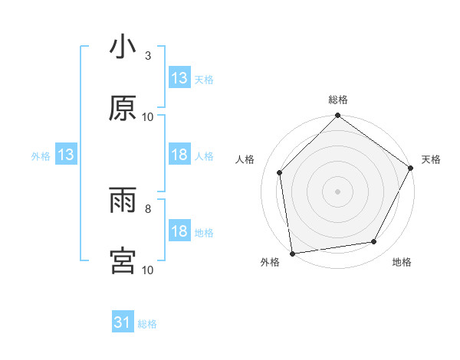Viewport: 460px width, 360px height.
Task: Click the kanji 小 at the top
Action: [x=123, y=47]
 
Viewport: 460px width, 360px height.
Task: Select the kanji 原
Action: [x=123, y=109]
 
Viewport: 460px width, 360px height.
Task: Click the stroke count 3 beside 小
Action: [x=148, y=56]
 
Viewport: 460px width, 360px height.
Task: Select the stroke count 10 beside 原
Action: [x=148, y=116]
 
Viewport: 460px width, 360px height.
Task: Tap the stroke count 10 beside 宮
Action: [x=148, y=270]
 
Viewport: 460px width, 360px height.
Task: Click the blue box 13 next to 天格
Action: [x=179, y=78]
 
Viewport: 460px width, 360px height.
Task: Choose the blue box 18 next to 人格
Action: [x=179, y=155]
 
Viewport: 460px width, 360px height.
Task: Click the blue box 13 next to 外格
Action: [x=66, y=155]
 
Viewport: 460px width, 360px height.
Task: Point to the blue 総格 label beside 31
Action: [x=147, y=324]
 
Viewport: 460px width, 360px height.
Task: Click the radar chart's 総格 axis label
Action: [x=338, y=100]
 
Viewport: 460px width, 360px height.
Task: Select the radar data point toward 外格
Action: [x=292, y=253]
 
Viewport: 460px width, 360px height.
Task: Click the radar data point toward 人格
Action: [x=280, y=172]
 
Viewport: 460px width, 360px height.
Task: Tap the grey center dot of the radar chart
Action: [x=338, y=191]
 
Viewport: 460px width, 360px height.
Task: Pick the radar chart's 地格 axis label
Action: [x=402, y=262]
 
